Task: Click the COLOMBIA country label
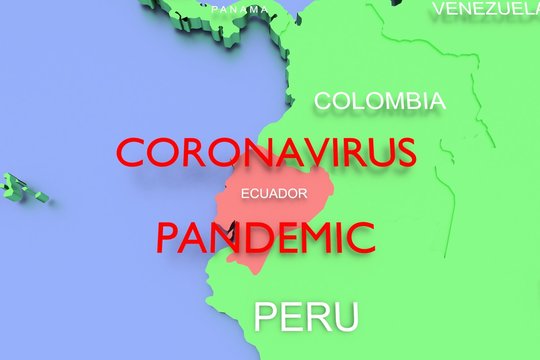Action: [380, 101]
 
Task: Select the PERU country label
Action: [306, 317]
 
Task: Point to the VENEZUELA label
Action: [485, 9]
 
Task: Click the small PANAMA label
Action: [240, 9]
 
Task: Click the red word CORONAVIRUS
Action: [265, 153]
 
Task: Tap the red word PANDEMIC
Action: [265, 238]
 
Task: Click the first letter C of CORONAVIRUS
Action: [132, 153]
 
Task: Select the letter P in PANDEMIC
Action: [167, 238]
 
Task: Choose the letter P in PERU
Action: [265, 317]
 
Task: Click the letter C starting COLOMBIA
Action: [323, 101]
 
